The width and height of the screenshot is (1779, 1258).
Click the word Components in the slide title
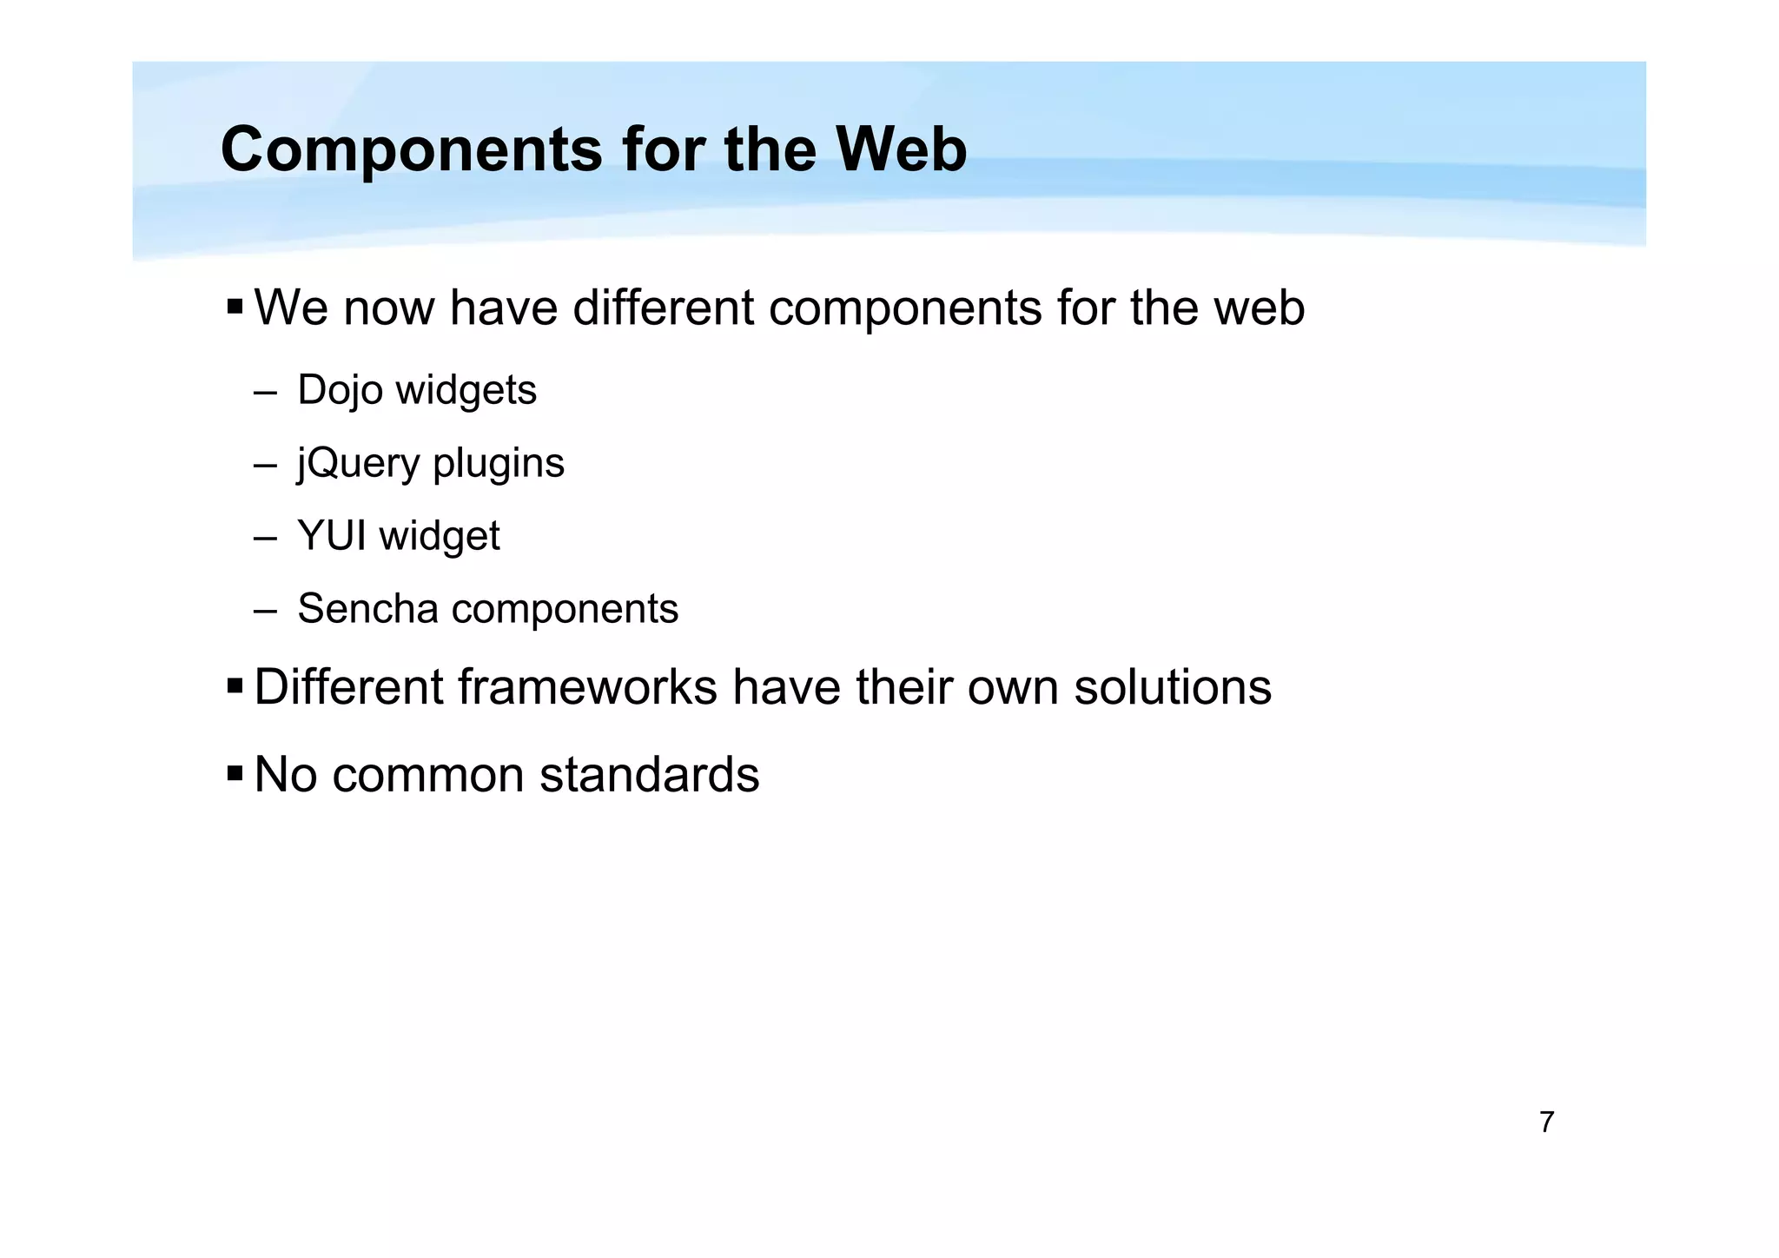[411, 150]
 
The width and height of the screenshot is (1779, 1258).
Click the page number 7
[1546, 1122]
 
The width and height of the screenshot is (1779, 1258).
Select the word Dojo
[340, 390]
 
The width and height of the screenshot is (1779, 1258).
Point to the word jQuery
[358, 463]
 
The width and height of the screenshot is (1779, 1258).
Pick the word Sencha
[367, 608]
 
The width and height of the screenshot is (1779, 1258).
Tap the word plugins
[499, 463]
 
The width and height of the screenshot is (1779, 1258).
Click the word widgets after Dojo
[466, 390]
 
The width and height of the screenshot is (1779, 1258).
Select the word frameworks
[587, 687]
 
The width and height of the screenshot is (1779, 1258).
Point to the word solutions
[1173, 687]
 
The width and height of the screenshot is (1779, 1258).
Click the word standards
[649, 774]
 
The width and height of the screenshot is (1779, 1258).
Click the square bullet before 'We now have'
[235, 307]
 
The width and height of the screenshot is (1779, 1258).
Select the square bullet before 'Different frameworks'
[235, 686]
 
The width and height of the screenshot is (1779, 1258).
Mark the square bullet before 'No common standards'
[235, 773]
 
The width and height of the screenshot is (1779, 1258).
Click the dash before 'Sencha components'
[265, 610]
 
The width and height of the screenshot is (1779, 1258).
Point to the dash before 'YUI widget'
[265, 537]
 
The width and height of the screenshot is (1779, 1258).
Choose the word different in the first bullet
[663, 308]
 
